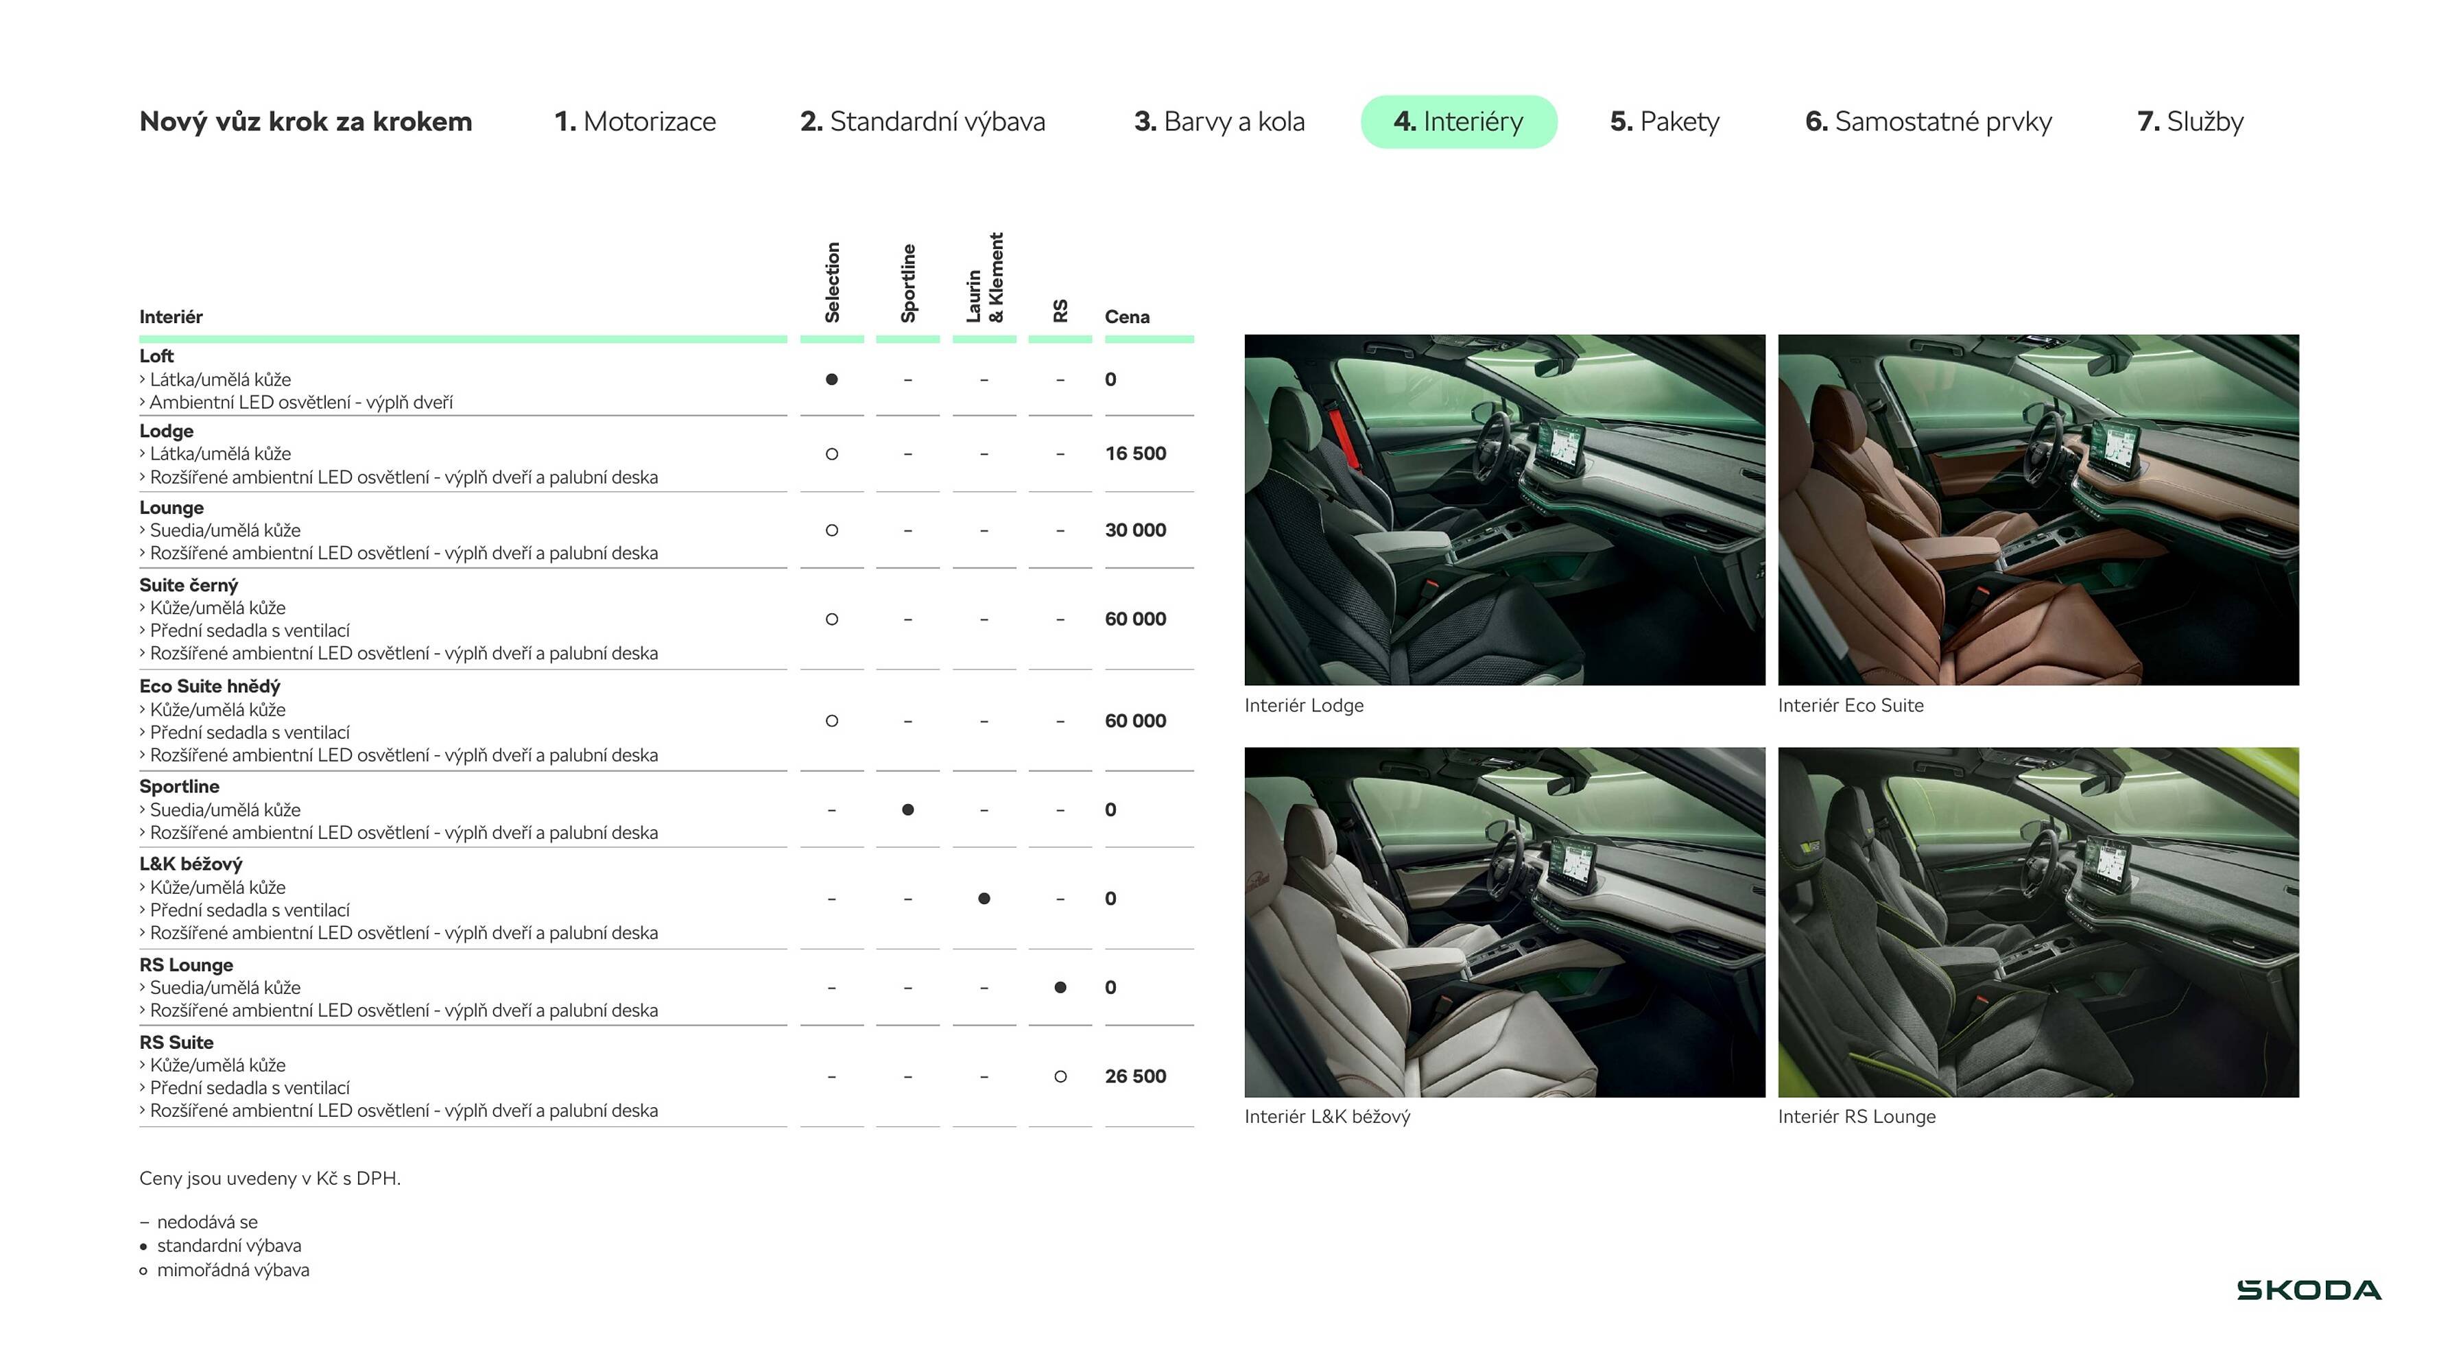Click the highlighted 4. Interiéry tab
1458,121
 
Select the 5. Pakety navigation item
1665,121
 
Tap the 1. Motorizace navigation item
634,121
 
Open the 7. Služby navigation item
2190,121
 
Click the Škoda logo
2309,1290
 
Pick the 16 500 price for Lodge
1135,453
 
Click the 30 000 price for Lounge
1135,530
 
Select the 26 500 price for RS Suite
1135,1076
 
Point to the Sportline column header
908,282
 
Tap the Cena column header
1127,317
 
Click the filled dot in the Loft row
831,379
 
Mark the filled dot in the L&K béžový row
984,899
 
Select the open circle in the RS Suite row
1060,1076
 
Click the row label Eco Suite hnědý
209,687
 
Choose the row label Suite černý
189,585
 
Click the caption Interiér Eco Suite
1850,705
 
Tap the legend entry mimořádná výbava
232,1270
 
